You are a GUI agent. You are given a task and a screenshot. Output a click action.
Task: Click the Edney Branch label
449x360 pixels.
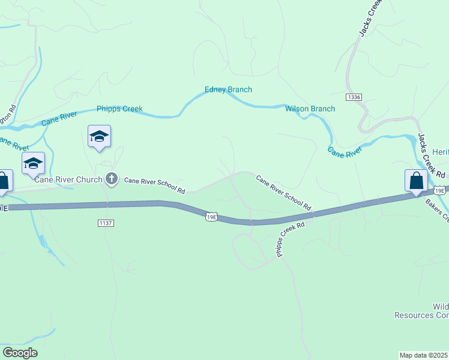click(228, 89)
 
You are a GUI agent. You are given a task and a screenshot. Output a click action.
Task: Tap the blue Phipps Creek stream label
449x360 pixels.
click(119, 109)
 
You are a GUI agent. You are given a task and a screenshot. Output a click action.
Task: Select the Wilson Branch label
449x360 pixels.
click(310, 109)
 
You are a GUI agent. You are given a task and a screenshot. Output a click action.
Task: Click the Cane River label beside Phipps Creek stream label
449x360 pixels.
click(60, 118)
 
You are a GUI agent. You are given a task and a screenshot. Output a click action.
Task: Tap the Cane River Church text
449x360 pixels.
click(68, 178)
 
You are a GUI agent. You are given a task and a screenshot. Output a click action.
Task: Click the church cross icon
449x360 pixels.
click(111, 178)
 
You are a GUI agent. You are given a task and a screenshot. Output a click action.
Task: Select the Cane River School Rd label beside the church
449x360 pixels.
click(154, 185)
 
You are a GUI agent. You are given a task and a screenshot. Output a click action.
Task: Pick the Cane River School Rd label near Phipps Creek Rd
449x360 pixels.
click(284, 192)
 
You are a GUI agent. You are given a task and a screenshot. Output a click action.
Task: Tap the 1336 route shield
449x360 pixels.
click(354, 97)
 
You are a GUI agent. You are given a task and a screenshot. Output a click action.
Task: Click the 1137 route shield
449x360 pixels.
click(106, 223)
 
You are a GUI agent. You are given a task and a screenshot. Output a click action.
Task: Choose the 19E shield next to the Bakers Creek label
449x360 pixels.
click(440, 190)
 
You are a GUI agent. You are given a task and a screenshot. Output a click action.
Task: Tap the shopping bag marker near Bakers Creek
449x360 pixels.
click(416, 181)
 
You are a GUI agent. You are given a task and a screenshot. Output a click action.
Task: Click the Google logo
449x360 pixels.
click(20, 353)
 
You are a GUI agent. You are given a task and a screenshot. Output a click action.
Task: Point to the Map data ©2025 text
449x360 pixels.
click(424, 355)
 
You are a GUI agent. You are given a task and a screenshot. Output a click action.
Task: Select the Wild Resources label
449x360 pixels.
click(421, 311)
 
